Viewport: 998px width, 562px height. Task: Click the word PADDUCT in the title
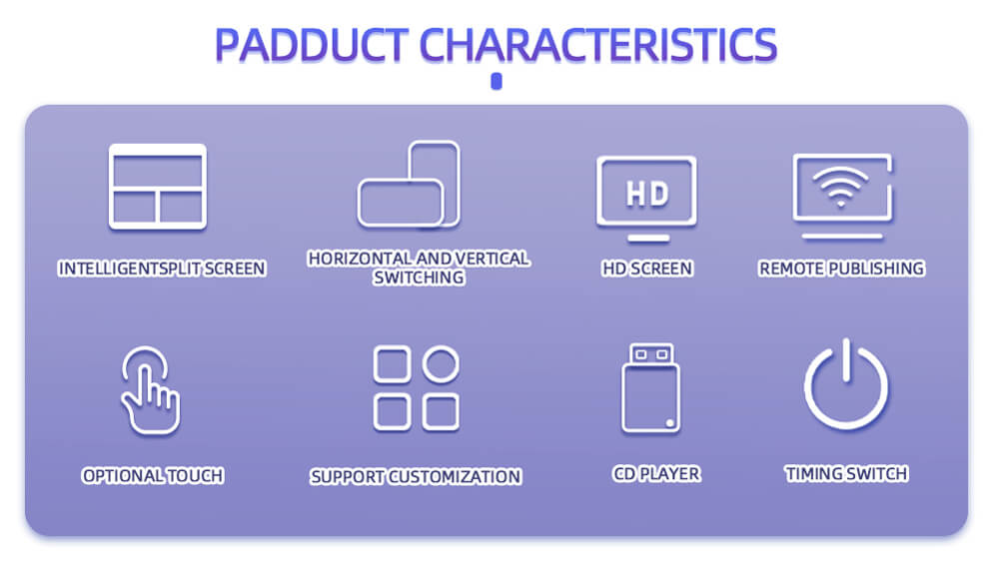[312, 45]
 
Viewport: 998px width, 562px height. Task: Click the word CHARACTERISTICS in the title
[597, 45]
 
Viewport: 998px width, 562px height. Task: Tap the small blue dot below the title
[497, 82]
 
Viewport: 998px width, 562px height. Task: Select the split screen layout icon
[158, 187]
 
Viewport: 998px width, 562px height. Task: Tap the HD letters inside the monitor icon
[647, 194]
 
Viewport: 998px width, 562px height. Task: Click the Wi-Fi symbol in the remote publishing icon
[840, 186]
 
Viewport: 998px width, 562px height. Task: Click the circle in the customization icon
[441, 364]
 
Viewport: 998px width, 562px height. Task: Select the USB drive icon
[650, 388]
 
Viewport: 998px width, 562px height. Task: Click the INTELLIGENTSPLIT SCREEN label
[162, 269]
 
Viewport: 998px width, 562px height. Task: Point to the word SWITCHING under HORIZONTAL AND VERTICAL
[419, 278]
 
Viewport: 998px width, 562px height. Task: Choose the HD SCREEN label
[647, 269]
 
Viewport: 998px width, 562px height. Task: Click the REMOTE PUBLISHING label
[841, 269]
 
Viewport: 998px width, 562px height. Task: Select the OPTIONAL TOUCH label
[153, 475]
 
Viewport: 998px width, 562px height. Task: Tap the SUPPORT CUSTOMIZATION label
[416, 477]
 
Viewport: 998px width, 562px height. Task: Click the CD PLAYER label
[656, 473]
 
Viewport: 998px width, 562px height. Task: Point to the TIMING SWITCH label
[846, 473]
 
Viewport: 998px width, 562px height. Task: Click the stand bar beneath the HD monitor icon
[648, 239]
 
